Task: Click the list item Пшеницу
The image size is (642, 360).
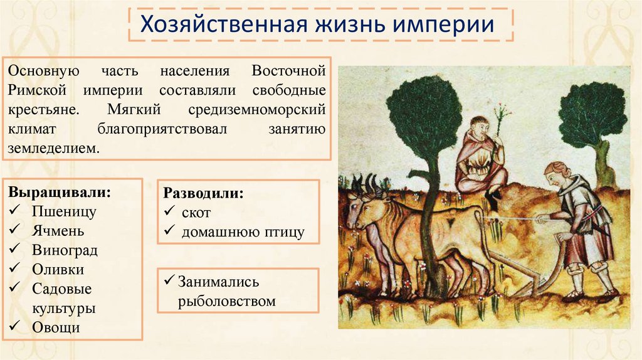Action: pos(64,211)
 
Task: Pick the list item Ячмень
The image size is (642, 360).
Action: pos(61,230)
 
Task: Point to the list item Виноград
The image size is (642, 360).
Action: pos(65,250)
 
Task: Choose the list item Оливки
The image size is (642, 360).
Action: pos(58,269)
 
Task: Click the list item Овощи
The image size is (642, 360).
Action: pos(56,327)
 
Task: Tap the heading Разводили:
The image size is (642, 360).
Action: pos(203,193)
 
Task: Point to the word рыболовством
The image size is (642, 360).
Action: pos(226,302)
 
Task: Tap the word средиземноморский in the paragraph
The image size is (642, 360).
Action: pos(256,109)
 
